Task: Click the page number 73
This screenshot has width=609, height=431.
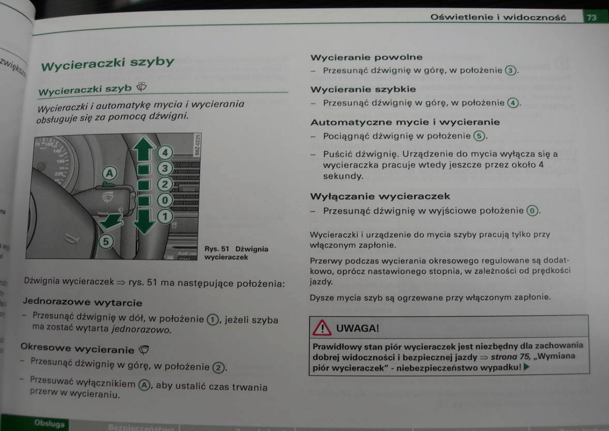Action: point(591,18)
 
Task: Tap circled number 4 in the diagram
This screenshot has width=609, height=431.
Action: point(165,153)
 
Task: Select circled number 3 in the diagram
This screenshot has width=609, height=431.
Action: point(165,168)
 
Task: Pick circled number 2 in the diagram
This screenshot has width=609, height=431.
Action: point(165,184)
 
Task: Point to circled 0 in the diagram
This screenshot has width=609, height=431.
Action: point(165,200)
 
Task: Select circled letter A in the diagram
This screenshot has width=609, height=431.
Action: point(109,172)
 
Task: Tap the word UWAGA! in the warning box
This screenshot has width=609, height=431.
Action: point(357,329)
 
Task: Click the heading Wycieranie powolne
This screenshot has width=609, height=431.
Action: point(366,57)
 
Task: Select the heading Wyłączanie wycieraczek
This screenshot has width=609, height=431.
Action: point(380,196)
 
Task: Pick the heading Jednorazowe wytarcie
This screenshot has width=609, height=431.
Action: point(82,303)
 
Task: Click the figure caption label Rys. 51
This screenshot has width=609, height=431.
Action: point(217,249)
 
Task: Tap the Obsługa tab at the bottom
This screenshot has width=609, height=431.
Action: point(50,424)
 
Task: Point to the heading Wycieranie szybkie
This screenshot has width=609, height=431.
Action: point(363,89)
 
